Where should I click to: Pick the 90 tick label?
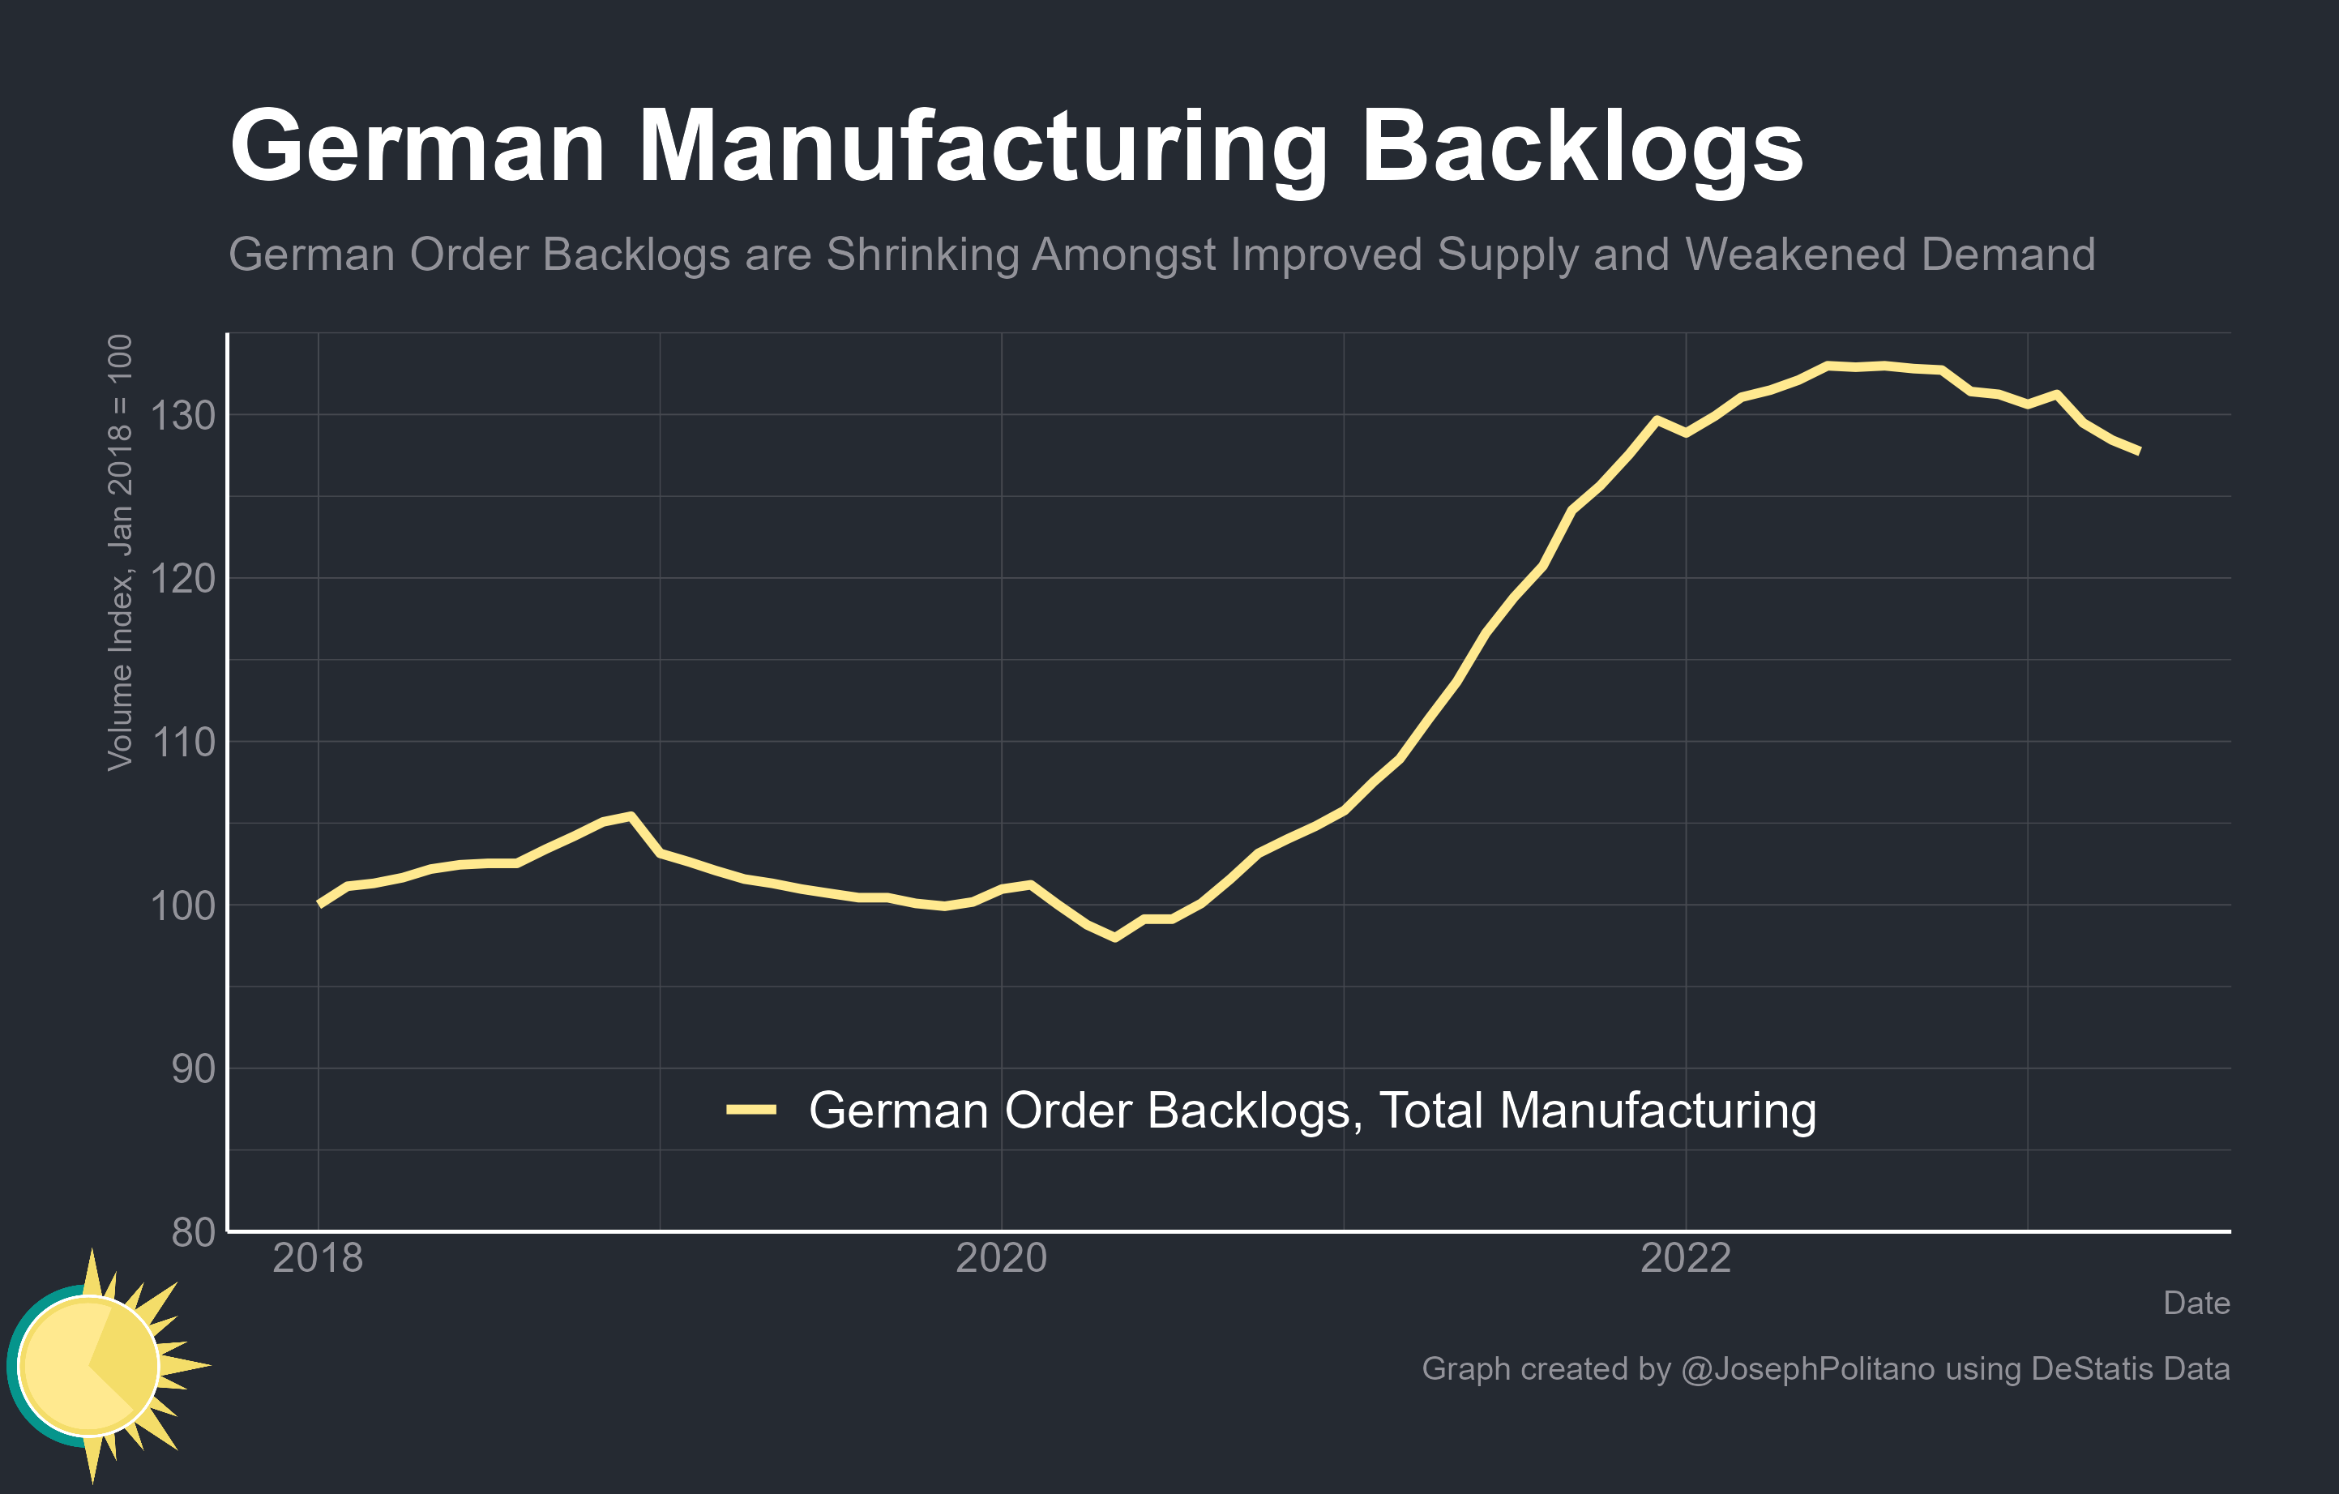pyautogui.click(x=194, y=1069)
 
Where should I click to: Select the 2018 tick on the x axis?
pyautogui.click(x=318, y=1259)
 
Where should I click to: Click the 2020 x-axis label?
pyautogui.click(x=1002, y=1259)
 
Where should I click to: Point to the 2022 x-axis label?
pyautogui.click(x=1685, y=1259)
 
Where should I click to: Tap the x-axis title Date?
pyautogui.click(x=2196, y=1304)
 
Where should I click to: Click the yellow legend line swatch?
pyautogui.click(x=750, y=1109)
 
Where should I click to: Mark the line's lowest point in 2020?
pyautogui.click(x=1115, y=937)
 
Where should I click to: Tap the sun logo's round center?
pyautogui.click(x=88, y=1366)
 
